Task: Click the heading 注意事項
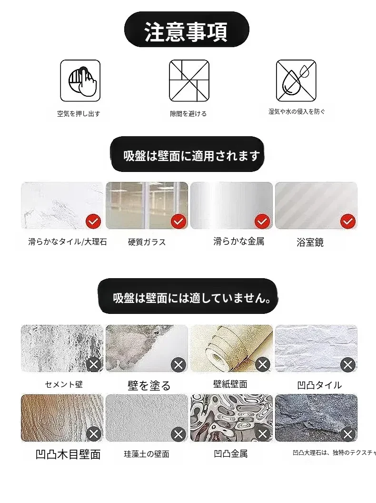pyautogui.click(x=186, y=32)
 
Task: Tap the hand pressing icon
pyautogui.click(x=80, y=80)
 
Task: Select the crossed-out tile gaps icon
pyautogui.click(x=189, y=80)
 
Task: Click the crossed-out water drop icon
pyautogui.click(x=296, y=80)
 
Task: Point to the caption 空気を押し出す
pyautogui.click(x=79, y=113)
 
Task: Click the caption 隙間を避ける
pyautogui.click(x=188, y=113)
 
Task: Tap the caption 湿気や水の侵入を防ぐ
pyautogui.click(x=297, y=111)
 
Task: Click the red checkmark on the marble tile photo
pyautogui.click(x=93, y=221)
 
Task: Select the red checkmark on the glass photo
pyautogui.click(x=178, y=221)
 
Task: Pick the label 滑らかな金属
pyautogui.click(x=239, y=241)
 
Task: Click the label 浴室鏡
pyautogui.click(x=310, y=242)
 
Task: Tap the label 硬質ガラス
pyautogui.click(x=147, y=242)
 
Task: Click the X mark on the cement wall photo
pyautogui.click(x=94, y=364)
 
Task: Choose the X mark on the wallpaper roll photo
pyautogui.click(x=263, y=364)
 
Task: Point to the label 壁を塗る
pyautogui.click(x=149, y=385)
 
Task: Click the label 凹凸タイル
pyautogui.click(x=319, y=385)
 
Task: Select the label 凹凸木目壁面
pyautogui.click(x=68, y=454)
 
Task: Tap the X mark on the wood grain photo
pyautogui.click(x=94, y=434)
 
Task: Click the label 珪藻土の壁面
pyautogui.click(x=147, y=454)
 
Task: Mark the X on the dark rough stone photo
pyautogui.click(x=348, y=434)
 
